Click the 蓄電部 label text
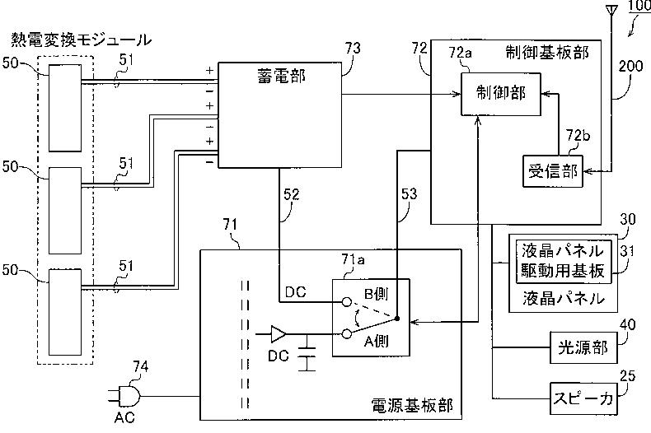point(282,77)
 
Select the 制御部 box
point(501,94)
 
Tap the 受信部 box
point(553,171)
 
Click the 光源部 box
point(583,347)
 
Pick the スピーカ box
point(583,398)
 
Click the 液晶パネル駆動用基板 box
point(564,261)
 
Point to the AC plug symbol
point(124,396)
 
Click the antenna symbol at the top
point(611,12)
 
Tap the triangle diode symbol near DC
point(279,334)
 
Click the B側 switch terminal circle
point(347,302)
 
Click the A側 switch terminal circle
point(347,334)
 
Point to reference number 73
point(353,49)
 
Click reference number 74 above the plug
point(140,366)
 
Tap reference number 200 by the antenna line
point(630,66)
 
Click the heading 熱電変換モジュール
point(81,40)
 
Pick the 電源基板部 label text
point(411,405)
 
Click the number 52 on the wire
point(291,194)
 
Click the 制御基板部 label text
point(547,53)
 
